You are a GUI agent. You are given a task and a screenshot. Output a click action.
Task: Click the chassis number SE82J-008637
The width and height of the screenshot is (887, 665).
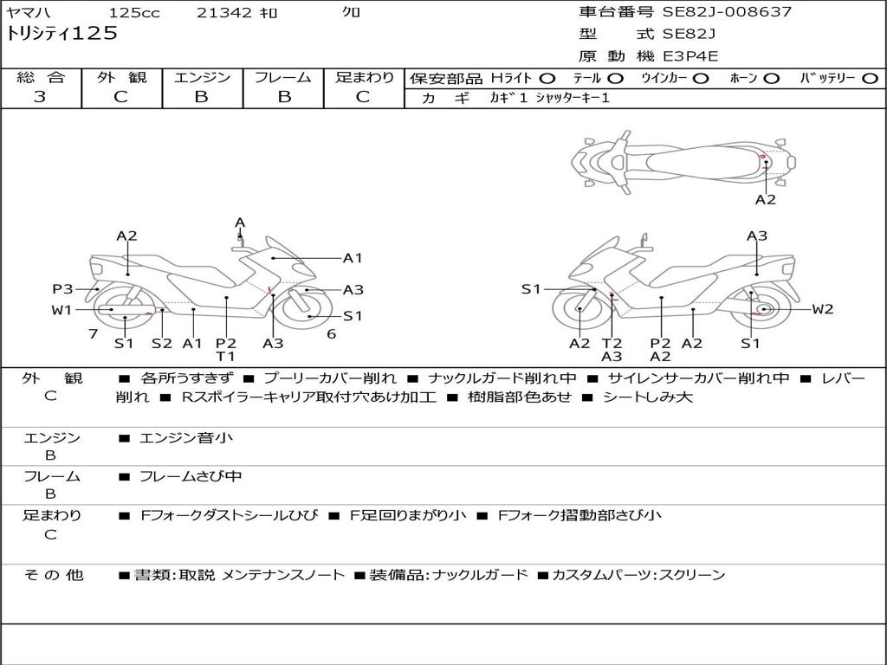tap(727, 12)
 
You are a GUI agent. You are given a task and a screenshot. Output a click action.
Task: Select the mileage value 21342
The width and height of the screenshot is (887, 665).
tap(223, 13)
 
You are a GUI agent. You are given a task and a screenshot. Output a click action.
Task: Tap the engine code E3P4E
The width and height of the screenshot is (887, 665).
tap(691, 56)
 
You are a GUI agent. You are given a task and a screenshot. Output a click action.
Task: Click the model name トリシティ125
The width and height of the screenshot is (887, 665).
tap(62, 35)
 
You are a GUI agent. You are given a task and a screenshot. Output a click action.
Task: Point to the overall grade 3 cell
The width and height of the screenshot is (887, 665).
tap(40, 97)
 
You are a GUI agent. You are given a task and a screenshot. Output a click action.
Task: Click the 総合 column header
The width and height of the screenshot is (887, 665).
tap(40, 78)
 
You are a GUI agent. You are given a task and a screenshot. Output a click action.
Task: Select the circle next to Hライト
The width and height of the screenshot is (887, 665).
tap(547, 78)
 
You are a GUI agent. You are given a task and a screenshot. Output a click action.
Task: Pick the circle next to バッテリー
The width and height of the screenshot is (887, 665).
tap(870, 78)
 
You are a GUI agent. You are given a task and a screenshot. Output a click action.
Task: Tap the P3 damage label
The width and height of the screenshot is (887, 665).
tap(62, 289)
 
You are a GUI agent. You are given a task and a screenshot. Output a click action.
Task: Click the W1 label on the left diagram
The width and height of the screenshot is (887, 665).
tap(62, 310)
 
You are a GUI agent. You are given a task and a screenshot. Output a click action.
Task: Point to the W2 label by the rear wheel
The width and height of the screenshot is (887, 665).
tap(822, 309)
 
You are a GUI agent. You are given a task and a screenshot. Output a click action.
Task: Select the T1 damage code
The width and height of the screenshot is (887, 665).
tap(225, 357)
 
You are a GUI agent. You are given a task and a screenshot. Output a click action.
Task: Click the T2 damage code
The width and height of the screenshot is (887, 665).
tap(612, 343)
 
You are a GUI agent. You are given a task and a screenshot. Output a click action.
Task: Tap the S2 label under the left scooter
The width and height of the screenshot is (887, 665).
tap(161, 343)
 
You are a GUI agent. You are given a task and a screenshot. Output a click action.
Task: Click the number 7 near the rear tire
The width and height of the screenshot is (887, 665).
tap(92, 333)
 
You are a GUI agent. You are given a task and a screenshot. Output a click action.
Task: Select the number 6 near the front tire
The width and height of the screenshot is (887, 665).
tap(331, 333)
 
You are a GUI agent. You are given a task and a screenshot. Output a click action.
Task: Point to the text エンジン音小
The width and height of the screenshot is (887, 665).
tap(185, 438)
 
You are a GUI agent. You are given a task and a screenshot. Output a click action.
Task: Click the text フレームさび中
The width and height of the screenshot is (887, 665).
tap(191, 476)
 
